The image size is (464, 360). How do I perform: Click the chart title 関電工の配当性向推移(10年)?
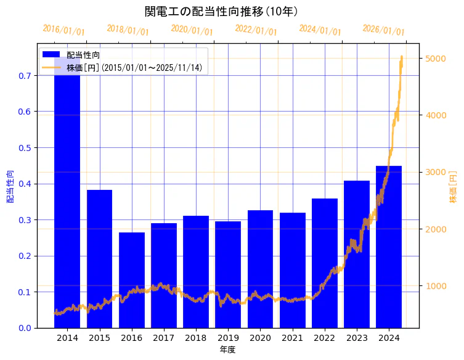[221, 12]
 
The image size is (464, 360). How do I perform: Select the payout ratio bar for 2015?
[99, 259]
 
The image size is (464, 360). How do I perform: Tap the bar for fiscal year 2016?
[131, 280]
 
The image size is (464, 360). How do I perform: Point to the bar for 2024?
[389, 247]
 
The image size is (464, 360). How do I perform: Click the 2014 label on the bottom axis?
[67, 338]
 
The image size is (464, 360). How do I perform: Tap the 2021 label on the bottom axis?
[292, 338]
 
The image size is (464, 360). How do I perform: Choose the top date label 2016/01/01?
[64, 31]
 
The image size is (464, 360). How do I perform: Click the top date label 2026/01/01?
[383, 31]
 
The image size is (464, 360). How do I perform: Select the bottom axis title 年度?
[228, 350]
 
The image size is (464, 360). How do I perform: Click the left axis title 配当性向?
[10, 187]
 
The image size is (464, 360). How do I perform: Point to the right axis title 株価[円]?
[454, 187]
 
